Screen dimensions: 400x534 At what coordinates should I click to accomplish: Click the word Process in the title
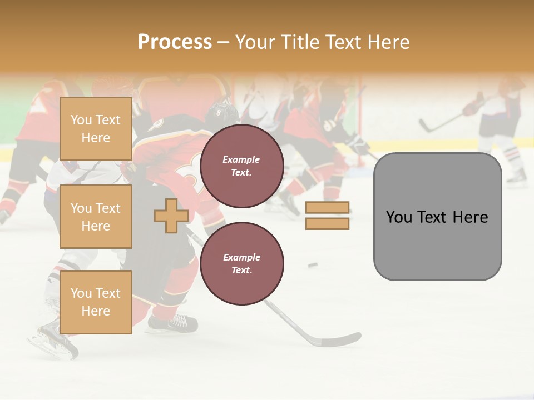[x=175, y=42]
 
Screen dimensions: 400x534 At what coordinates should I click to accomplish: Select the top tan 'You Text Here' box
[x=96, y=129]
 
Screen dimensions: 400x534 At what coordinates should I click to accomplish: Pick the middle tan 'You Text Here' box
[x=96, y=217]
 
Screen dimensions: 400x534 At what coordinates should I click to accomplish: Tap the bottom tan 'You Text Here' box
[x=96, y=302]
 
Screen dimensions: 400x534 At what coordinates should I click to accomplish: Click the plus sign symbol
[x=171, y=216]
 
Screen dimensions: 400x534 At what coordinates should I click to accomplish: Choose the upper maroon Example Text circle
[x=242, y=166]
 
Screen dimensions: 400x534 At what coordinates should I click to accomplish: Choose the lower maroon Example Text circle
[x=242, y=263]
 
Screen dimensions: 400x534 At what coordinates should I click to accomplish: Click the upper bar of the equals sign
[x=327, y=208]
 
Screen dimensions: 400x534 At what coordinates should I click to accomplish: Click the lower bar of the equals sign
[x=327, y=224]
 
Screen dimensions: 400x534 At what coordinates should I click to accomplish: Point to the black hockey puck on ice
[x=313, y=265]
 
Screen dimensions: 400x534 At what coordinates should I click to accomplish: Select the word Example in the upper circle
[x=241, y=159]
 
